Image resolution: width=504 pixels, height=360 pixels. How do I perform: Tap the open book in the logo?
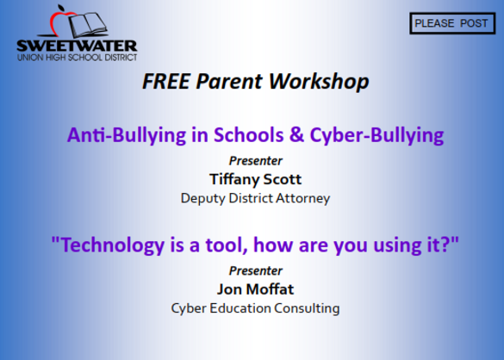[x=88, y=24]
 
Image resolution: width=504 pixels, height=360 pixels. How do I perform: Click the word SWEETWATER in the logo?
[x=77, y=46]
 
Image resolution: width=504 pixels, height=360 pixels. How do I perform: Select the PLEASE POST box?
[x=452, y=23]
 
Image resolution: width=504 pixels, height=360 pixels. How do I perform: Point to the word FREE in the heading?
[x=166, y=81]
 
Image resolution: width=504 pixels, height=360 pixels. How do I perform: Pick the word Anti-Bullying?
[x=127, y=135]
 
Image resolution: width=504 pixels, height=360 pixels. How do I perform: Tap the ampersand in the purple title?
[x=296, y=134]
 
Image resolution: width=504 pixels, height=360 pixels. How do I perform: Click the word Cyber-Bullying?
[x=376, y=135]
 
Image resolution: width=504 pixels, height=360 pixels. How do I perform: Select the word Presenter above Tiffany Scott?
[x=256, y=161]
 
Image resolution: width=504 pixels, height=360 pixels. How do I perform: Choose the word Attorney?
[x=302, y=198]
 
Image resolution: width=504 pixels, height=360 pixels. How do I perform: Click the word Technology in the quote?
[x=113, y=245]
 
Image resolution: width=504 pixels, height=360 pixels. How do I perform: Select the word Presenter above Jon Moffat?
[x=256, y=270]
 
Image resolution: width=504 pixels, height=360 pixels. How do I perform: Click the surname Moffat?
[x=270, y=289]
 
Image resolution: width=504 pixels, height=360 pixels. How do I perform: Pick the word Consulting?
[x=307, y=308]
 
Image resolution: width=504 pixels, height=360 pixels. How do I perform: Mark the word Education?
[x=240, y=308]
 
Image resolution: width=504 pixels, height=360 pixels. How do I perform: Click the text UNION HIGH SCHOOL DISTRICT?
[x=78, y=58]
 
